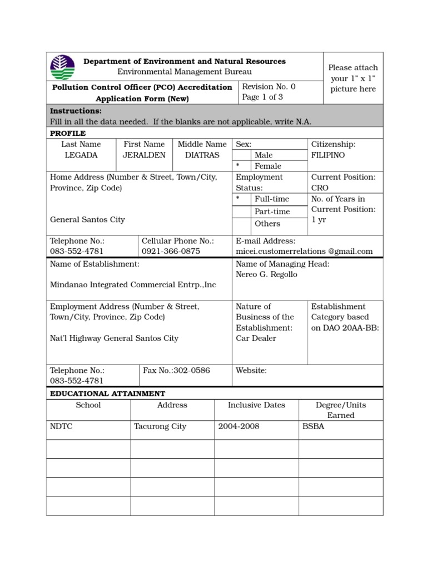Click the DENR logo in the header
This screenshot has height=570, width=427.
pyautogui.click(x=62, y=67)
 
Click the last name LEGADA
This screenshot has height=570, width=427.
pyautogui.click(x=81, y=155)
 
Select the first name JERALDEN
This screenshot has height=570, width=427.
pyautogui.click(x=144, y=155)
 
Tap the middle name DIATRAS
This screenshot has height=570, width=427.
pyautogui.click(x=202, y=155)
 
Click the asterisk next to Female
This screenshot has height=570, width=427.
pyautogui.click(x=238, y=166)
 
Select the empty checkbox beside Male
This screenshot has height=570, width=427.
pyautogui.click(x=241, y=155)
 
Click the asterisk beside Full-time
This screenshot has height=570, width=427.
pyautogui.click(x=238, y=199)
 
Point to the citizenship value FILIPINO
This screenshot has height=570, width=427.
pyautogui.click(x=328, y=155)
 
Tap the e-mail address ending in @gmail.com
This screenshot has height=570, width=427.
pyautogui.click(x=304, y=251)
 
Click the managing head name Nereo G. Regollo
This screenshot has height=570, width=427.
pyautogui.click(x=266, y=274)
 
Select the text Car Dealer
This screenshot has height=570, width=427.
pyautogui.click(x=256, y=338)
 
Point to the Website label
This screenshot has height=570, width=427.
pyautogui.click(x=251, y=370)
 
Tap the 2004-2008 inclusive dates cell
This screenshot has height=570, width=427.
pyautogui.click(x=239, y=426)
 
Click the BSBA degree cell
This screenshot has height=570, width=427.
pyautogui.click(x=313, y=426)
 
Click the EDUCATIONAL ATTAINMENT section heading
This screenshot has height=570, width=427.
pyautogui.click(x=107, y=394)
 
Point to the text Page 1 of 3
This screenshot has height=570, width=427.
pyautogui.click(x=262, y=97)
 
